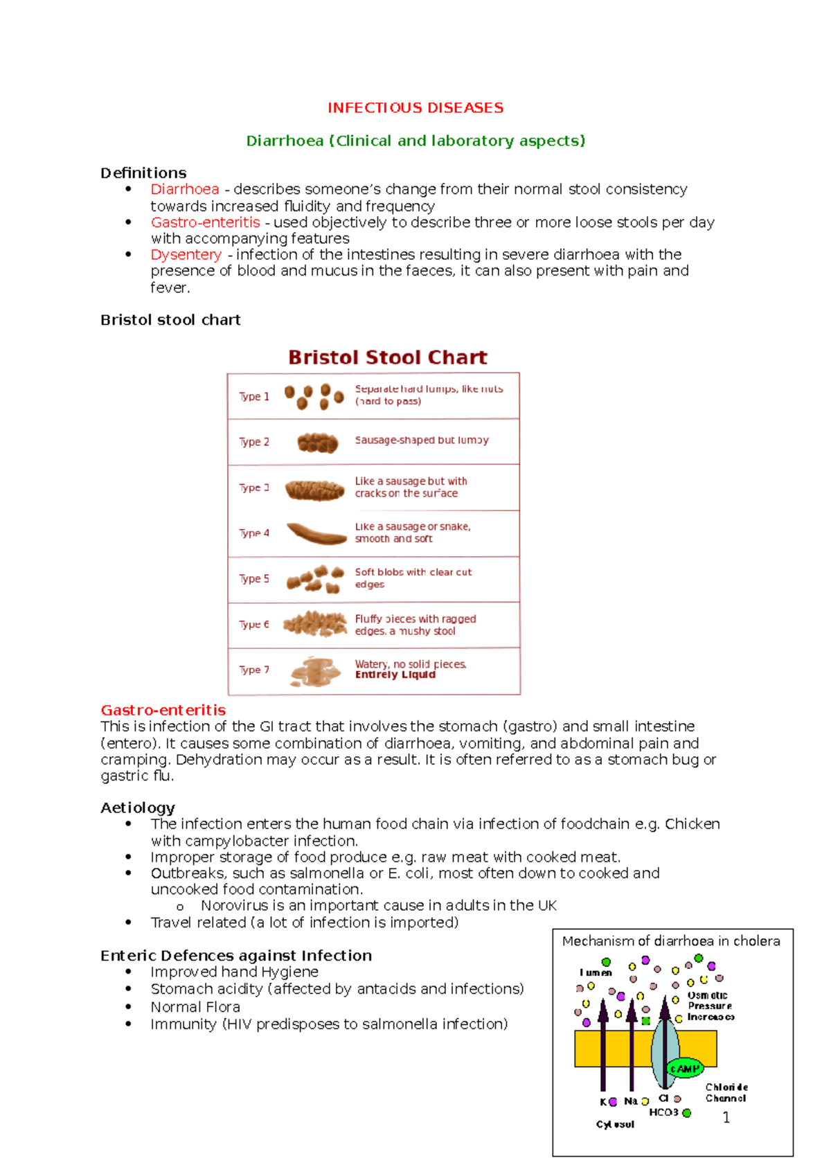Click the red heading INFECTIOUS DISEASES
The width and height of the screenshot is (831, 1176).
click(415, 108)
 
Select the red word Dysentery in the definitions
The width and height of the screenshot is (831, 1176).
click(186, 255)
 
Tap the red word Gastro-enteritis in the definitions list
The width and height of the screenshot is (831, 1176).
click(205, 222)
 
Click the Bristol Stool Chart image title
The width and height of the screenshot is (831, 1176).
click(387, 357)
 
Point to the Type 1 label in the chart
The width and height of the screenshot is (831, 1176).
click(253, 397)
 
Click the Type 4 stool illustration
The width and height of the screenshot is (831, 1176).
click(316, 534)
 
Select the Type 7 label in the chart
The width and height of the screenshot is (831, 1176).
click(253, 670)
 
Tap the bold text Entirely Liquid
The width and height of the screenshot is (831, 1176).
click(395, 675)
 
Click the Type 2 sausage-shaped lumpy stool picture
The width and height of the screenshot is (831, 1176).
click(317, 443)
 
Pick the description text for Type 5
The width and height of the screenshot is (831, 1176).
click(413, 578)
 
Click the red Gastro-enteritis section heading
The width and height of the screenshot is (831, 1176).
click(163, 710)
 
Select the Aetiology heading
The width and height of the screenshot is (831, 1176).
click(137, 808)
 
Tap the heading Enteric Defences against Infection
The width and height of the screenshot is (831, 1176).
click(235, 956)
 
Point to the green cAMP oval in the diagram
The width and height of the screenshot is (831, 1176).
click(684, 1069)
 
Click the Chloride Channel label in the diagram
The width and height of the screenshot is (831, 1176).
click(726, 1093)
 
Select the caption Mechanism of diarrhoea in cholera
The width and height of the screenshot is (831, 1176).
click(670, 941)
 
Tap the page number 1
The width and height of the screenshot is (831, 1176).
click(726, 1117)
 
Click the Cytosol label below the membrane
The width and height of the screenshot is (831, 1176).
click(615, 1124)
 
